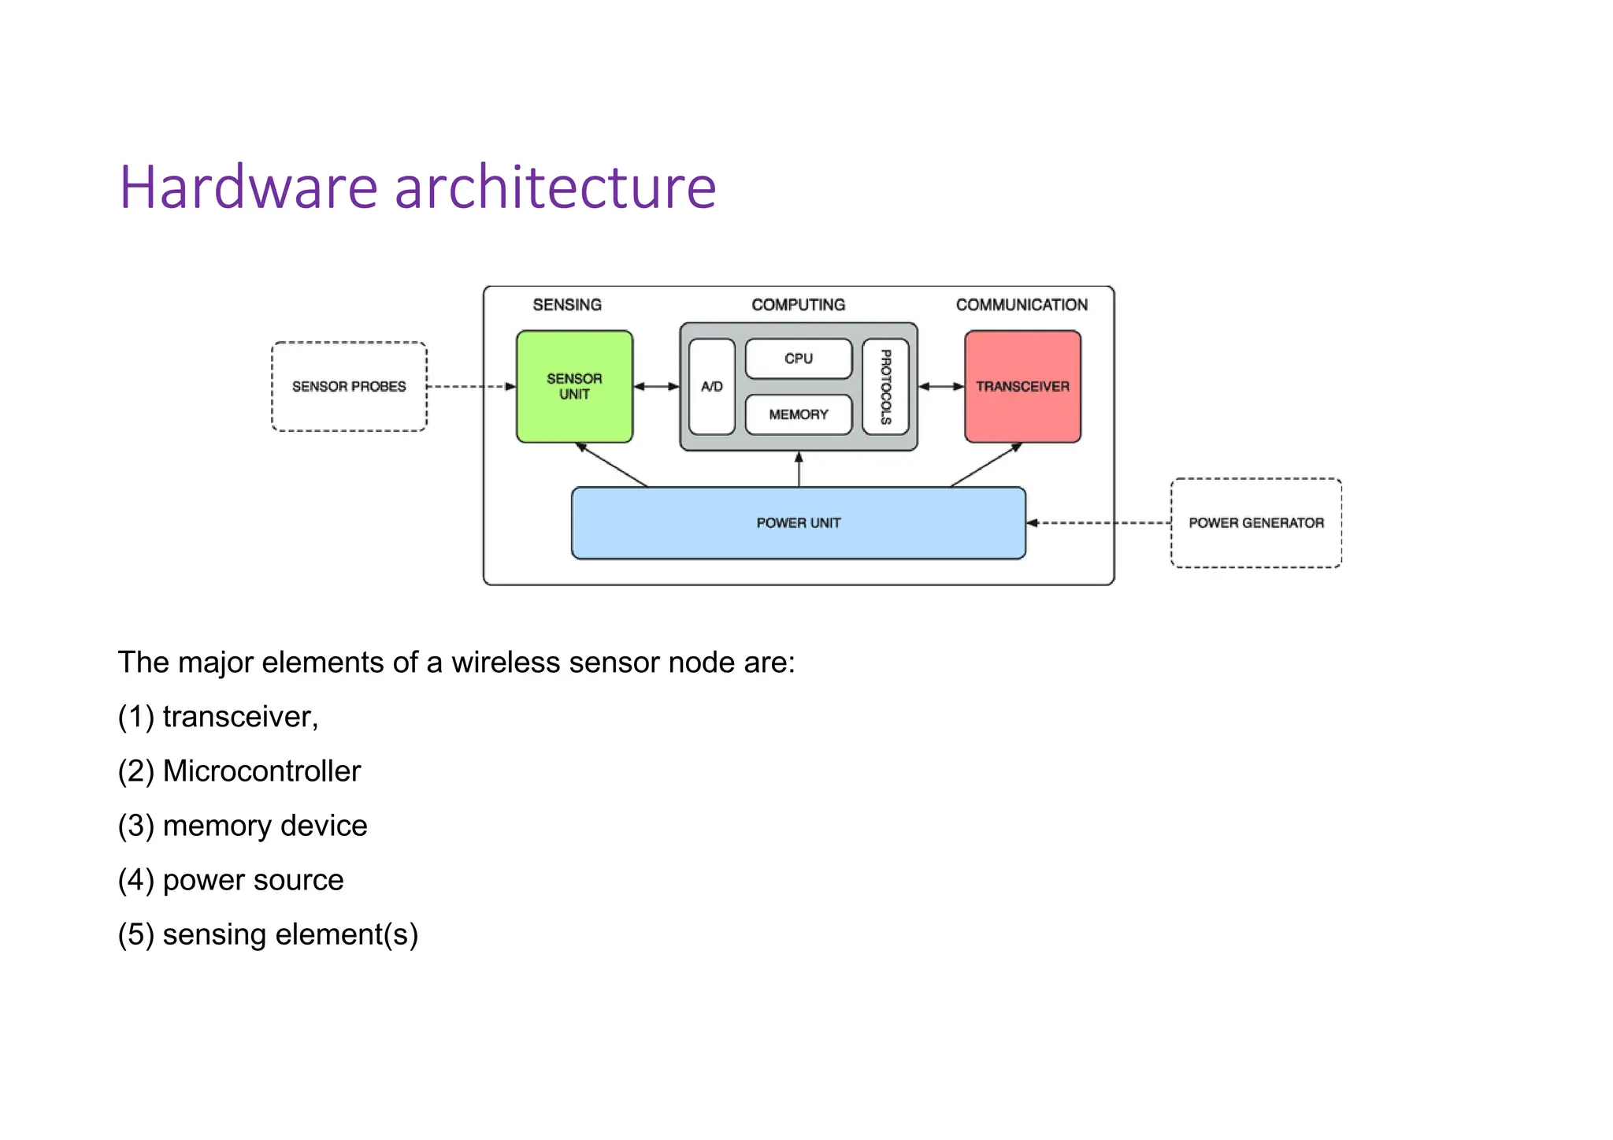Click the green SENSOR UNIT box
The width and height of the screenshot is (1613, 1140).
point(574,386)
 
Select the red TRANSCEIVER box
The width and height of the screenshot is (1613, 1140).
point(1022,386)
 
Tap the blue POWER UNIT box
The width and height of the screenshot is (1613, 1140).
point(798,523)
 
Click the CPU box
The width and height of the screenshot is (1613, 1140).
point(798,358)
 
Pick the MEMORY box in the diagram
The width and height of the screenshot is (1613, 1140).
point(798,414)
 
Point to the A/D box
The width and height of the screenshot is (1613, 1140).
point(711,386)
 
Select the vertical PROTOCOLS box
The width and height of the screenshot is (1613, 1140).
point(885,386)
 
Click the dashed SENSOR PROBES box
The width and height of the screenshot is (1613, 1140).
point(349,386)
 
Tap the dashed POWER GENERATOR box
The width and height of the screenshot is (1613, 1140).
point(1255,523)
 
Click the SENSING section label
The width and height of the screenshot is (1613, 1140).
point(567,305)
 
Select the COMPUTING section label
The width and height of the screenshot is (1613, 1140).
point(798,305)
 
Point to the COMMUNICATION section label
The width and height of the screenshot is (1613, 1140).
point(1022,305)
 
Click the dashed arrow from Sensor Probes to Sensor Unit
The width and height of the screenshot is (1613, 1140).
point(471,387)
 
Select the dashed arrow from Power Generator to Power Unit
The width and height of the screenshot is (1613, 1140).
point(1099,523)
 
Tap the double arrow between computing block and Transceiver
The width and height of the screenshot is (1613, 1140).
point(941,387)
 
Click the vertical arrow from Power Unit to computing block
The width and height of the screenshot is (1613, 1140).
point(799,470)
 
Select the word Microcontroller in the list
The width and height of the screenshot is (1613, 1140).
point(261,771)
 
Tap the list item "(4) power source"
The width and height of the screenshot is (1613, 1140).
point(231,880)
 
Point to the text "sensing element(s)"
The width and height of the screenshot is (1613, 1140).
point(290,934)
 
